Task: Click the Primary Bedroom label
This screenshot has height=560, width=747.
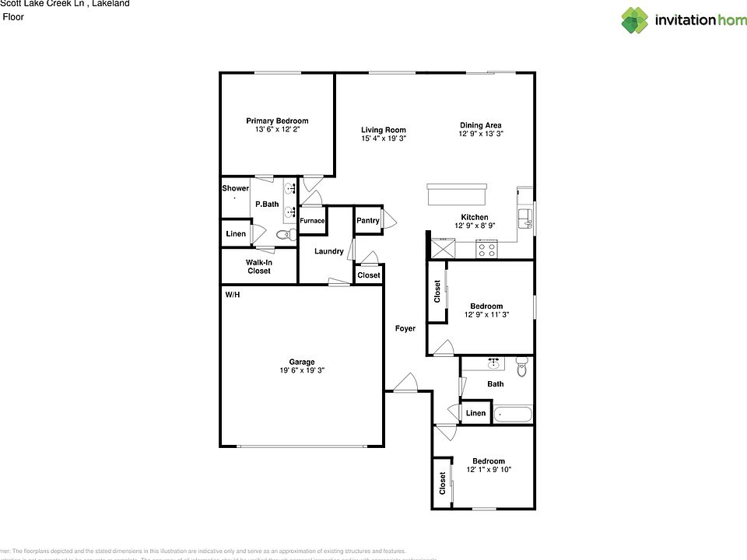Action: (x=277, y=121)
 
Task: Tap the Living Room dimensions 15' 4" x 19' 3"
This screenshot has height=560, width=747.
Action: (x=384, y=138)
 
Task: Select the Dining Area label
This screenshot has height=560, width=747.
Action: (x=480, y=125)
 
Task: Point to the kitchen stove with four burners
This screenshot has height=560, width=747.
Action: (x=487, y=250)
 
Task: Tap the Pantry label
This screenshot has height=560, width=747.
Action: (x=368, y=221)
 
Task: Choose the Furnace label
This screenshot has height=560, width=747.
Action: (x=312, y=221)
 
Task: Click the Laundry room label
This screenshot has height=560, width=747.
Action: (x=329, y=251)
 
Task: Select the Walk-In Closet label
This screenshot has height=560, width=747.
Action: (x=258, y=267)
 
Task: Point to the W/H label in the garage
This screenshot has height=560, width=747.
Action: (x=233, y=296)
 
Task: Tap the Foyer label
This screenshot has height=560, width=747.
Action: (x=405, y=328)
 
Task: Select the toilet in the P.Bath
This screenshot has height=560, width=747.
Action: (x=282, y=234)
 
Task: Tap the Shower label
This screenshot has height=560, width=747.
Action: (x=235, y=188)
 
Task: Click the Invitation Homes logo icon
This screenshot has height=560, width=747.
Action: (x=634, y=20)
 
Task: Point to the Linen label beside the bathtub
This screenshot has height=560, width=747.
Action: (x=476, y=413)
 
